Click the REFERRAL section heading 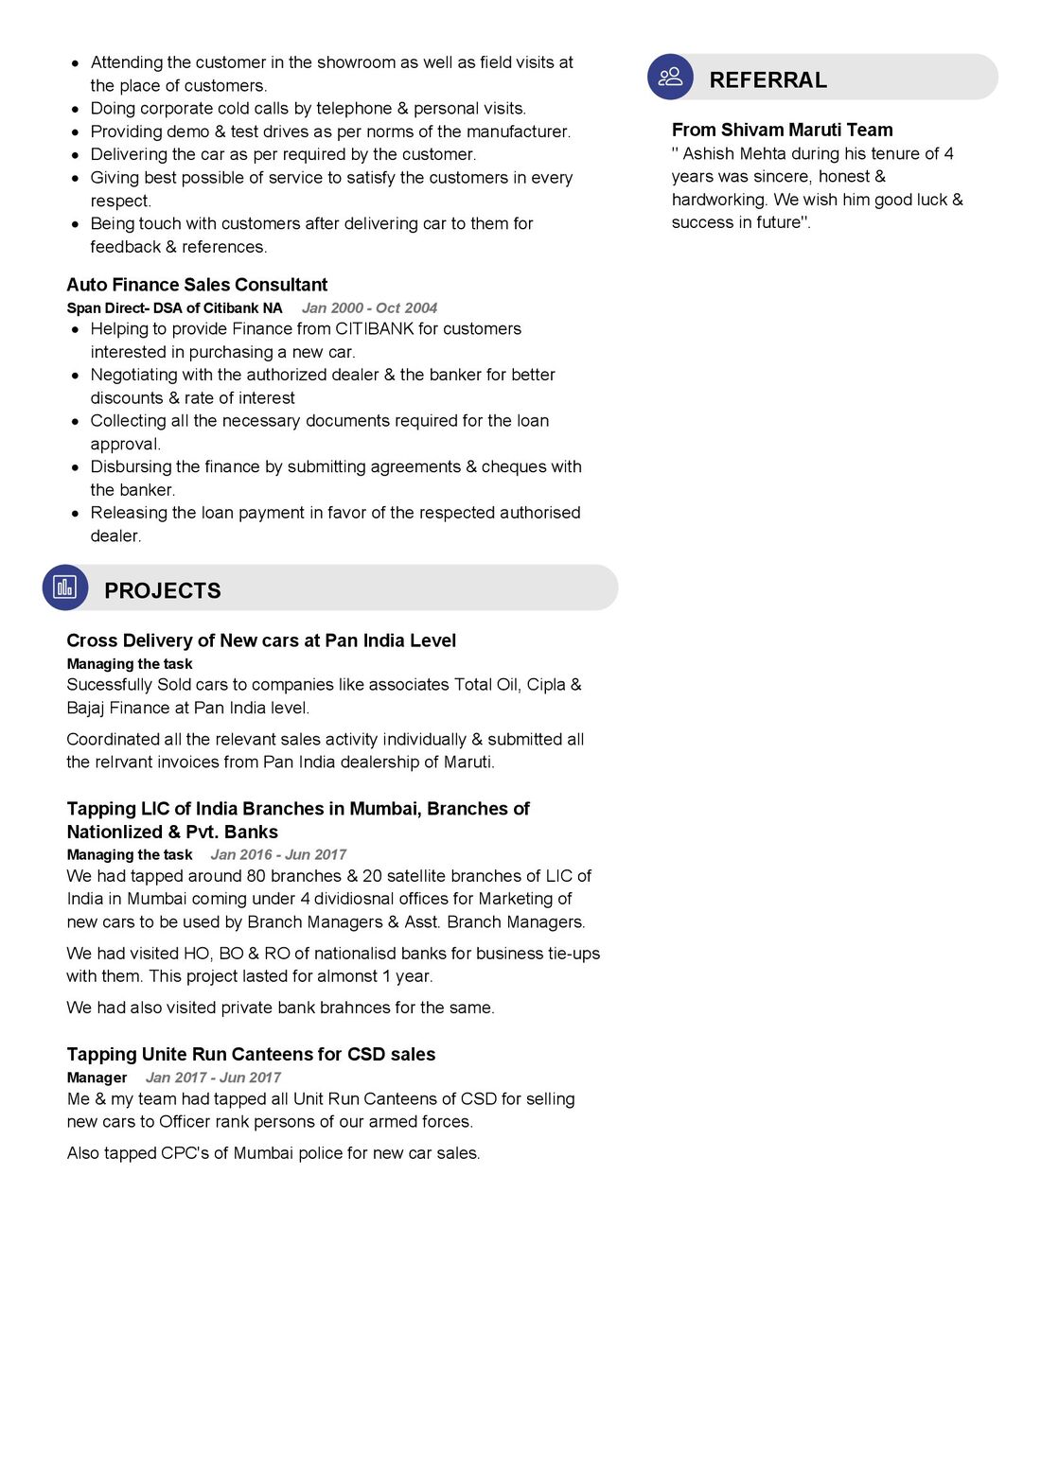pos(768,80)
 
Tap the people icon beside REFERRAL pos(670,77)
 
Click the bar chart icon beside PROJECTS pos(64,587)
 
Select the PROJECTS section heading pos(162,591)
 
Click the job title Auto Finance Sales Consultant pos(197,285)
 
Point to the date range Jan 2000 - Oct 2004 pos(369,308)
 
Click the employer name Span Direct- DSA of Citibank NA pos(174,308)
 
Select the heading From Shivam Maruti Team pos(782,130)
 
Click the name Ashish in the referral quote pos(708,153)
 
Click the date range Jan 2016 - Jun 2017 pos(278,855)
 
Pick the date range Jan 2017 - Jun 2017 pos(213,1078)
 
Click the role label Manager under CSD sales pos(97,1078)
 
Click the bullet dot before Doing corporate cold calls pos(76,109)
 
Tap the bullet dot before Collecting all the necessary pos(76,421)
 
